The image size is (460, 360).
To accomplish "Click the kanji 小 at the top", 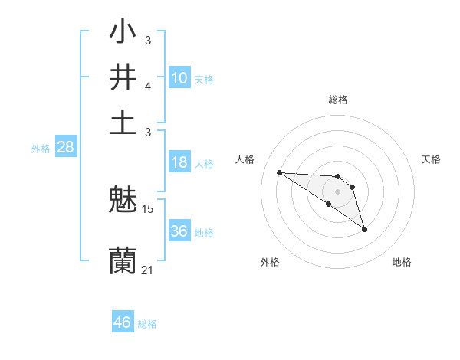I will pyautogui.click(x=123, y=34).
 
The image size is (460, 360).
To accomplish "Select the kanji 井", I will pyautogui.click(x=123, y=77).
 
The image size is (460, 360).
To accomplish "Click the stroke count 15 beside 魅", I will pyautogui.click(x=149, y=208).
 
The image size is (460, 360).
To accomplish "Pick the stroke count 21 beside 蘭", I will pyautogui.click(x=148, y=270).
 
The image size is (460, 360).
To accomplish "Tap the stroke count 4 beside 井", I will pyautogui.click(x=148, y=86).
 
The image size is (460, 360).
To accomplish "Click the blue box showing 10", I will pyautogui.click(x=179, y=77).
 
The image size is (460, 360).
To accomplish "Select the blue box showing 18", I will pyautogui.click(x=179, y=162).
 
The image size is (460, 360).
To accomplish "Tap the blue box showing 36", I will pyautogui.click(x=179, y=231).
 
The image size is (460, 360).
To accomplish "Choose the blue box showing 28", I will pyautogui.click(x=65, y=148).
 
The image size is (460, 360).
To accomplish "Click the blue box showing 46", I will pyautogui.click(x=122, y=322).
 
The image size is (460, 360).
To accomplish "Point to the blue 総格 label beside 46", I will pyautogui.click(x=147, y=324).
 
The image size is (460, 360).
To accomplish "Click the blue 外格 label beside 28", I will pyautogui.click(x=41, y=149).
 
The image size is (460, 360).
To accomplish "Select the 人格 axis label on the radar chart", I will pyautogui.click(x=245, y=159).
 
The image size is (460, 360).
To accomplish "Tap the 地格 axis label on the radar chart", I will pyautogui.click(x=402, y=262).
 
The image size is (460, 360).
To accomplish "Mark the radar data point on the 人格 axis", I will pyautogui.click(x=279, y=172).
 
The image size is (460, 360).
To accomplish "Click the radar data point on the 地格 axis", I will pyautogui.click(x=364, y=229).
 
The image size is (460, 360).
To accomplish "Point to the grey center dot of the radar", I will pyautogui.click(x=337, y=191).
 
